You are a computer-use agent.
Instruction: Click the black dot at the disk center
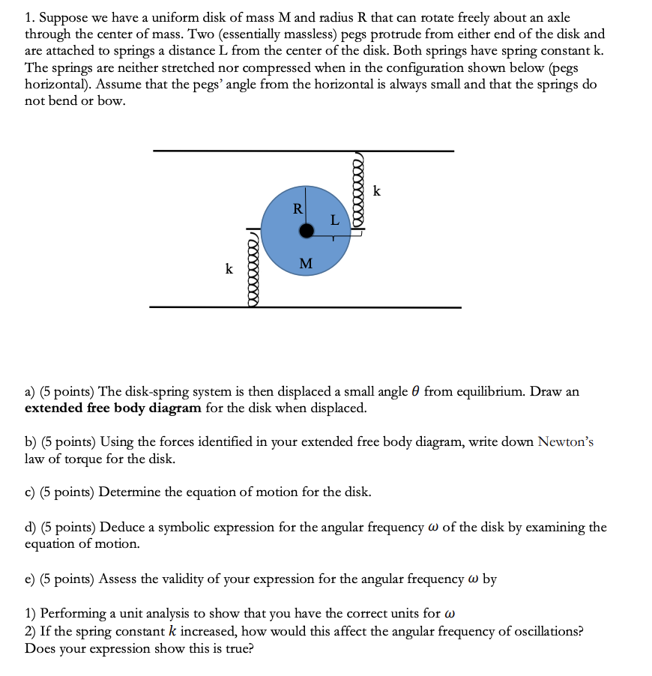pos(306,232)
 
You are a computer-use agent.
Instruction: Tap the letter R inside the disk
pos(297,208)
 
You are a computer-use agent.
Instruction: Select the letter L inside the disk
pos(334,220)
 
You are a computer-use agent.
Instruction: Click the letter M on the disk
pos(306,263)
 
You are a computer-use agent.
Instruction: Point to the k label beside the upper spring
pos(376,191)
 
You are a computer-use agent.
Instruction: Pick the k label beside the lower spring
pos(229,268)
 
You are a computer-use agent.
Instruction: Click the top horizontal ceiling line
pos(303,151)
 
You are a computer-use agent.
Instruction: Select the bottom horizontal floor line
pos(304,307)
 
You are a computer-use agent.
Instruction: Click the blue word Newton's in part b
pos(565,442)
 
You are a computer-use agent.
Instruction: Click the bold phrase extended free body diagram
pos(113,408)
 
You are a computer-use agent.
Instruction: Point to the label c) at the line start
pos(30,492)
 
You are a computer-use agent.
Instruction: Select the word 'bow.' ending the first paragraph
pos(112,100)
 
